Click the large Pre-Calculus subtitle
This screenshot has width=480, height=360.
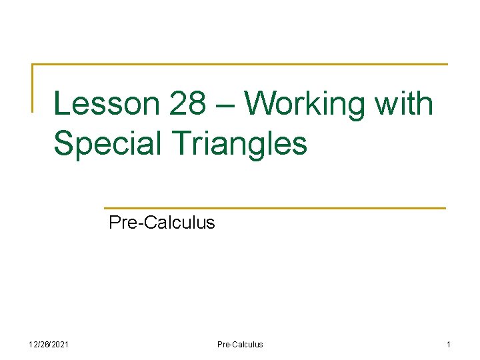(161, 222)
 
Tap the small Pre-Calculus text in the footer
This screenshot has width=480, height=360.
(240, 345)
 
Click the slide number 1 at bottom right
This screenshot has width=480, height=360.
(449, 345)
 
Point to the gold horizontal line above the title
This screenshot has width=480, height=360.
(240, 65)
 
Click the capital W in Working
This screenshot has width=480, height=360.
(261, 105)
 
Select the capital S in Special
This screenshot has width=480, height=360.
(64, 143)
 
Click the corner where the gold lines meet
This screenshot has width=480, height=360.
(33, 65)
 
